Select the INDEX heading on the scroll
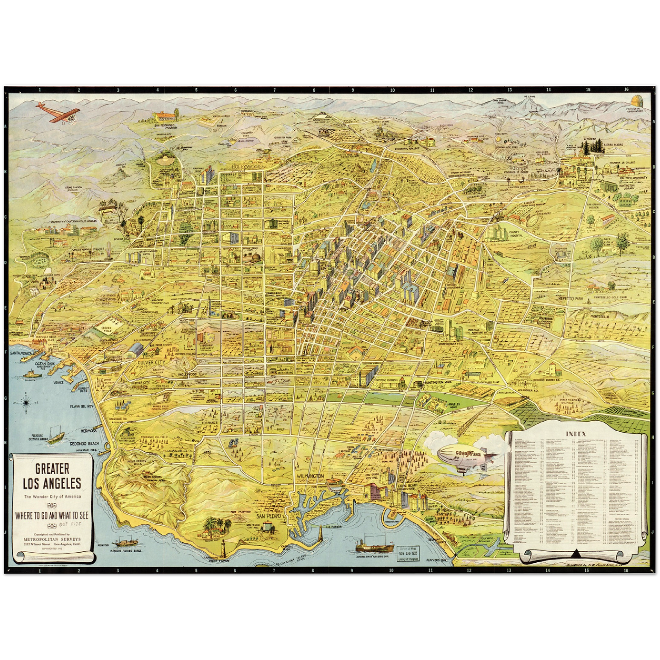point(576,434)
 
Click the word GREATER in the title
point(53,469)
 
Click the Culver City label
point(151,362)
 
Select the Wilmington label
point(310,476)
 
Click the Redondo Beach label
point(84,444)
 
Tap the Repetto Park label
point(570,299)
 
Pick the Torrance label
point(210,423)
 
